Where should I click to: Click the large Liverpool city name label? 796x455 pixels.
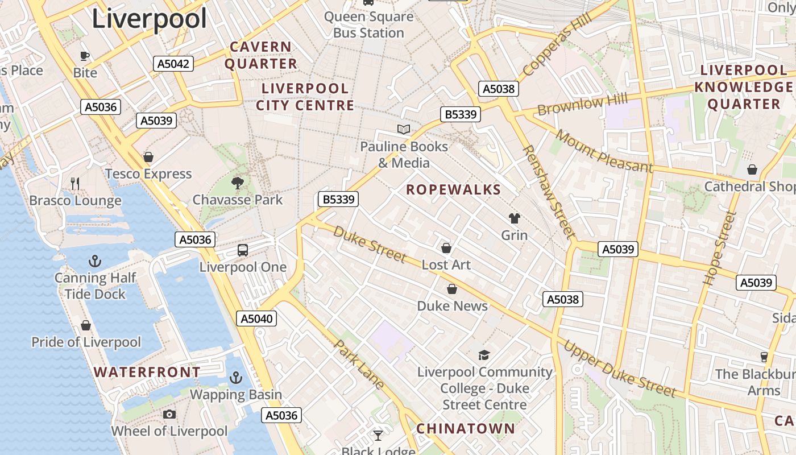point(149,18)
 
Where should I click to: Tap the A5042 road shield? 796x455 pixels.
point(173,64)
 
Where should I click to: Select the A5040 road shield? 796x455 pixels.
point(256,318)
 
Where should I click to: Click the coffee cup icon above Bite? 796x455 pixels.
point(85,56)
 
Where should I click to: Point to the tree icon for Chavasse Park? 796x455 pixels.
point(238,183)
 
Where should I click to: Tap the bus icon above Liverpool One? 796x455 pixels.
point(243,250)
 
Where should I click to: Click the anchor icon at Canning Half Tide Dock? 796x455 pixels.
point(95,262)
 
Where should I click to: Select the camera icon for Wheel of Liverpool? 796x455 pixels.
point(169,415)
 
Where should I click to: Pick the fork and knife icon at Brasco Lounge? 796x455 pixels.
point(75,183)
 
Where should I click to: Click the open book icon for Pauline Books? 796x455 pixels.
point(404,130)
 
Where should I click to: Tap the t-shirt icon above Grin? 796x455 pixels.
point(514,218)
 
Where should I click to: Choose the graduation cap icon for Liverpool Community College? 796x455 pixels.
point(484,355)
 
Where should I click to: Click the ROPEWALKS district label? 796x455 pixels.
point(453,190)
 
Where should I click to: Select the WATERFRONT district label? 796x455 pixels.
point(147,373)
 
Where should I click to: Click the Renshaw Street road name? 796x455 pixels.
point(549,191)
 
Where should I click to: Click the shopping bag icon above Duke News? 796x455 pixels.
point(452,289)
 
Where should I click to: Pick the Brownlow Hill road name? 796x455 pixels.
point(583,105)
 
